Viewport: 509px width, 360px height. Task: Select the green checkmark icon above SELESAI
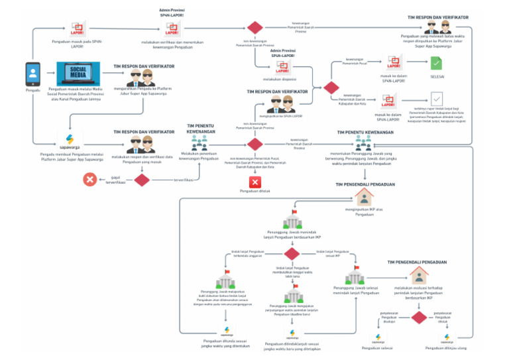click(436, 64)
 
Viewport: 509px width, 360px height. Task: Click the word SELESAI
click(437, 77)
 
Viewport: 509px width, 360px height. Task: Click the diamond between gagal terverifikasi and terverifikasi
click(142, 179)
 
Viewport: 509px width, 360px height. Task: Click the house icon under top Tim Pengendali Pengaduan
click(364, 196)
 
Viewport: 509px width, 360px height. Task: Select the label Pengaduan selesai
click(377, 347)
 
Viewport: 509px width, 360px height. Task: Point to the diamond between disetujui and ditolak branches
click(419, 317)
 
